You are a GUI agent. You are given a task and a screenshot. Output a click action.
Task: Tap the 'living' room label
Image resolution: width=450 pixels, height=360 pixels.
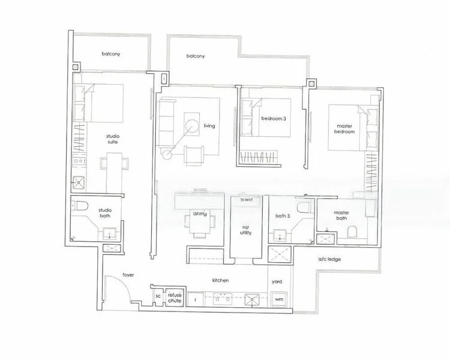(209, 125)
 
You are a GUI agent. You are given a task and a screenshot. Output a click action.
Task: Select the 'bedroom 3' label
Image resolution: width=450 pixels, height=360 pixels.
(273, 118)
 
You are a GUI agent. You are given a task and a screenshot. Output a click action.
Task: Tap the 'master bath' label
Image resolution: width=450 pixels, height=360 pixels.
(341, 215)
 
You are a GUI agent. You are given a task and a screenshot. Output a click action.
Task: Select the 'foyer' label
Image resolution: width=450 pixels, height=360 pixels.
(128, 275)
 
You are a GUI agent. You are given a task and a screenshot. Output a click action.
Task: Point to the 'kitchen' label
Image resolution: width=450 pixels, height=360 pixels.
(220, 280)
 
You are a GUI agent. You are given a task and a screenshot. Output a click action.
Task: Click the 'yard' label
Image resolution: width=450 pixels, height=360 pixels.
(277, 280)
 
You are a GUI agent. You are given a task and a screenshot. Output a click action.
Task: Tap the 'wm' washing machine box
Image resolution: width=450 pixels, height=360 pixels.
(278, 298)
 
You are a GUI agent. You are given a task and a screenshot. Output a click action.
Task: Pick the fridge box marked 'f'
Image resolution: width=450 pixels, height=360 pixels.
(195, 298)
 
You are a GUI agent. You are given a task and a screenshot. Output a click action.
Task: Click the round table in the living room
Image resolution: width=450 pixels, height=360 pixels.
(193, 125)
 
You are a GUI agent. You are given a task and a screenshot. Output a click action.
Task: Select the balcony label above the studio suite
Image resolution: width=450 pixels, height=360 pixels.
(110, 53)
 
